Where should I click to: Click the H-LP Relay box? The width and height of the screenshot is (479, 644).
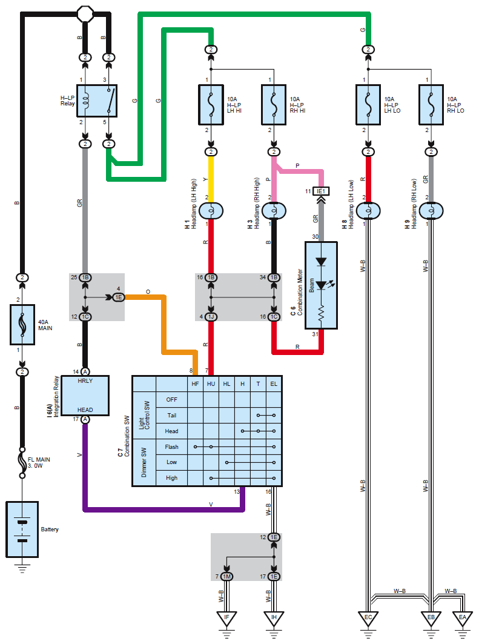[x=97, y=101]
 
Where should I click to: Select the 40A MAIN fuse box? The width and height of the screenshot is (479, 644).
[x=22, y=325]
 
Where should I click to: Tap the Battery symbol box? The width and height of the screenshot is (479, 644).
[x=22, y=529]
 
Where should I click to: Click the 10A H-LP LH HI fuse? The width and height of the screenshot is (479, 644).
[x=211, y=105]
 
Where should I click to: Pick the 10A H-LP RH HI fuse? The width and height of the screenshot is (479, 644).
[x=274, y=105]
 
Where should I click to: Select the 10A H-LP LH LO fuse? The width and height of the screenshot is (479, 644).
[x=368, y=105]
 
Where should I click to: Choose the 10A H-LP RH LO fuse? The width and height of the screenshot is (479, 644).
[x=431, y=105]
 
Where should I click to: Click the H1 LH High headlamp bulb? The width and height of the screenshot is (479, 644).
[x=211, y=211]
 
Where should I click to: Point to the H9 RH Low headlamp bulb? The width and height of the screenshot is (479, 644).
[x=431, y=211]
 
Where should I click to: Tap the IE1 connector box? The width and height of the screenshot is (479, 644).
[x=321, y=191]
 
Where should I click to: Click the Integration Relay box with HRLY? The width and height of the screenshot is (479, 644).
[x=85, y=396]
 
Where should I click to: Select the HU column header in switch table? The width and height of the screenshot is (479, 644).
[x=211, y=384]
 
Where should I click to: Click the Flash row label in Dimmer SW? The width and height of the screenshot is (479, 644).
[x=171, y=447]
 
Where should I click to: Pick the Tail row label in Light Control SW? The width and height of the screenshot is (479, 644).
[x=171, y=415]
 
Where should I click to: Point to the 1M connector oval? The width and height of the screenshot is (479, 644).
[x=226, y=577]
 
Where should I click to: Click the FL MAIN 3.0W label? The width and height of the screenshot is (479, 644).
[x=39, y=462]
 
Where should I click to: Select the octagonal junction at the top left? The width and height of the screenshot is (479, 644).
[x=85, y=15]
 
